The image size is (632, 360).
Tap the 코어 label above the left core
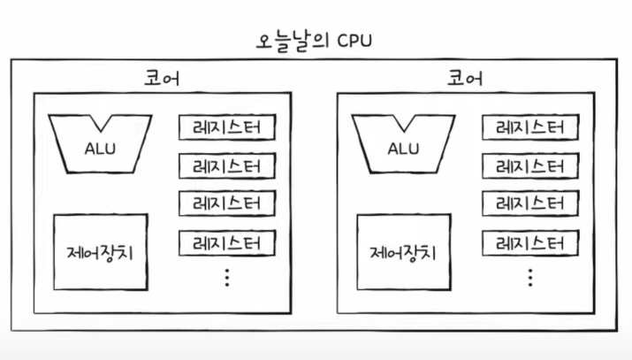[x=163, y=79]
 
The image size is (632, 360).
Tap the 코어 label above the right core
[x=465, y=79]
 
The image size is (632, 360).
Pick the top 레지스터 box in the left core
[x=227, y=127]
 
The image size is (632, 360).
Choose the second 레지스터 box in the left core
[x=227, y=165]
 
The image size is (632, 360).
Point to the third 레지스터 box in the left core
[x=227, y=203]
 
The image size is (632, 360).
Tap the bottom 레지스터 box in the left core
[x=227, y=241]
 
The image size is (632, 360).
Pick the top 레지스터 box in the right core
[x=529, y=127]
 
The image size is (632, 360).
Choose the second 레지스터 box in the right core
[x=529, y=165]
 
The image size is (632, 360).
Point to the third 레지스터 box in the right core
[x=529, y=203]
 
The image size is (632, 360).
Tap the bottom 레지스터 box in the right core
[x=529, y=241]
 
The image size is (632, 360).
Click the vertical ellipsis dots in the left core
[x=227, y=277]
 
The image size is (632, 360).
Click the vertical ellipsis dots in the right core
[x=529, y=277]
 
